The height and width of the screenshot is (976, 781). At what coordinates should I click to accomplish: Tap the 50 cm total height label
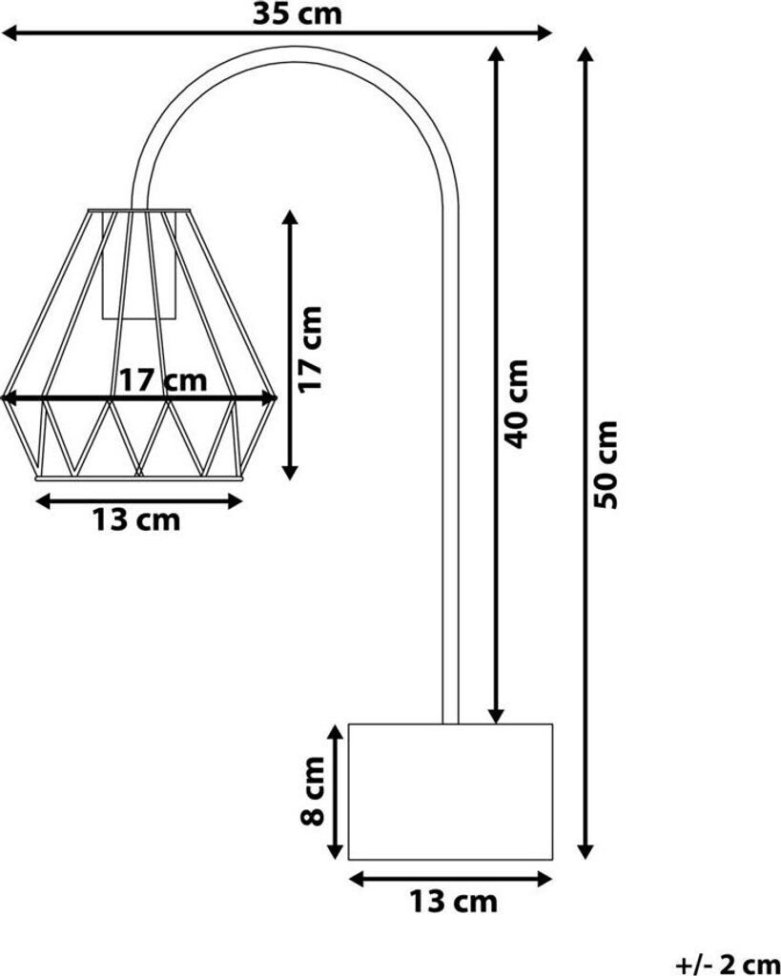tap(606, 464)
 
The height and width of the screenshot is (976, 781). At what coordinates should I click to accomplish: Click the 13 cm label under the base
tap(453, 901)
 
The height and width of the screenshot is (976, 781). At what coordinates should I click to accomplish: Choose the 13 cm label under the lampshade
tap(135, 520)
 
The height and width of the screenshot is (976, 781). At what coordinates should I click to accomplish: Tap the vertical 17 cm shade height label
tap(311, 348)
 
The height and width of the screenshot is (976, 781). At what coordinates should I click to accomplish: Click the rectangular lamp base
tap(450, 791)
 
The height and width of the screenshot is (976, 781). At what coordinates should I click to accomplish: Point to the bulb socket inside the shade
tap(140, 272)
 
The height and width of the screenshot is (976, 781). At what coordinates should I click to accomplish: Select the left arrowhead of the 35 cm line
tap(10, 34)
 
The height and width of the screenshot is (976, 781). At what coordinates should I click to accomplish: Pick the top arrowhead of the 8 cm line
tap(335, 732)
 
